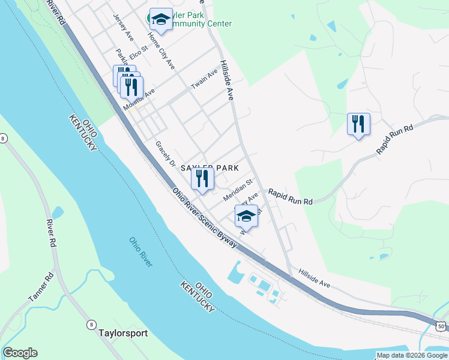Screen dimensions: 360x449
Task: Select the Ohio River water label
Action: [x=140, y=251]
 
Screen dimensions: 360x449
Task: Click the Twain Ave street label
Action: [x=204, y=79]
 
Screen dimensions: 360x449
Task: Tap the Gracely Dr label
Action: [x=164, y=154]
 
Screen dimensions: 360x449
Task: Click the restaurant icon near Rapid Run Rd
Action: [x=358, y=124]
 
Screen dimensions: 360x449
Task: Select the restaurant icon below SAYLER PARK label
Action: [x=203, y=178]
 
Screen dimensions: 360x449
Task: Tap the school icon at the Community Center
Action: [x=160, y=20]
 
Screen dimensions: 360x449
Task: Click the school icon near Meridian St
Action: [x=246, y=215]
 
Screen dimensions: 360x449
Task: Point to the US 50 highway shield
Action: [x=442, y=326]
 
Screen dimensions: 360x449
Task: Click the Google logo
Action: [x=20, y=353]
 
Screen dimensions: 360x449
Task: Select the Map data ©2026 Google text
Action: [x=412, y=355]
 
